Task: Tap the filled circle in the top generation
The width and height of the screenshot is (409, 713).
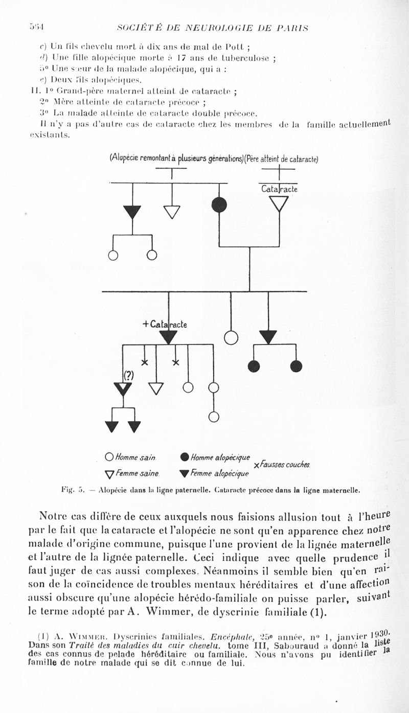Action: pos(219,204)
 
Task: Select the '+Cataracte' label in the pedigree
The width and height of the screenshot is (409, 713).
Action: pos(165,324)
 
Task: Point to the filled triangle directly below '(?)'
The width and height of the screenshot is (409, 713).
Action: pos(123,388)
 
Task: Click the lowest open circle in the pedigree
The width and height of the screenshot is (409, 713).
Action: pos(214,417)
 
